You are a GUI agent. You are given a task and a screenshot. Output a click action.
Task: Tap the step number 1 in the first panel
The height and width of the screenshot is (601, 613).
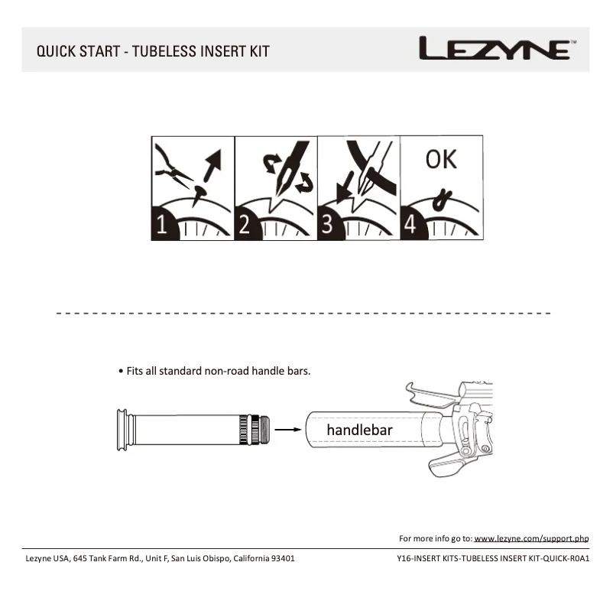click(x=162, y=225)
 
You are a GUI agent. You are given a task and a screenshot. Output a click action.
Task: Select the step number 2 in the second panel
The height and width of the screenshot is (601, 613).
click(x=245, y=225)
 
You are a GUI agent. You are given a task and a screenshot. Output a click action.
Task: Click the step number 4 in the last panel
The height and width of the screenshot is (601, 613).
click(x=410, y=225)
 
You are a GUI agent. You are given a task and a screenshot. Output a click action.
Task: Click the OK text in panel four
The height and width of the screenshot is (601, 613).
click(x=441, y=159)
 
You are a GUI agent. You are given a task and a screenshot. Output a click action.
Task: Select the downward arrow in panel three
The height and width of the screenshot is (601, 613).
click(x=345, y=187)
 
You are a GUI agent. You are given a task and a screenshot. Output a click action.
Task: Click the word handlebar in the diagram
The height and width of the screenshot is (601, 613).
click(x=359, y=430)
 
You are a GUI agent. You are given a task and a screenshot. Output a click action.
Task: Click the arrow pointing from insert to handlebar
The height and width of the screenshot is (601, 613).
click(x=287, y=430)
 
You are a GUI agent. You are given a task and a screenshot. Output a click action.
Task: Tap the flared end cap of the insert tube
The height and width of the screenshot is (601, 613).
click(x=120, y=430)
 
